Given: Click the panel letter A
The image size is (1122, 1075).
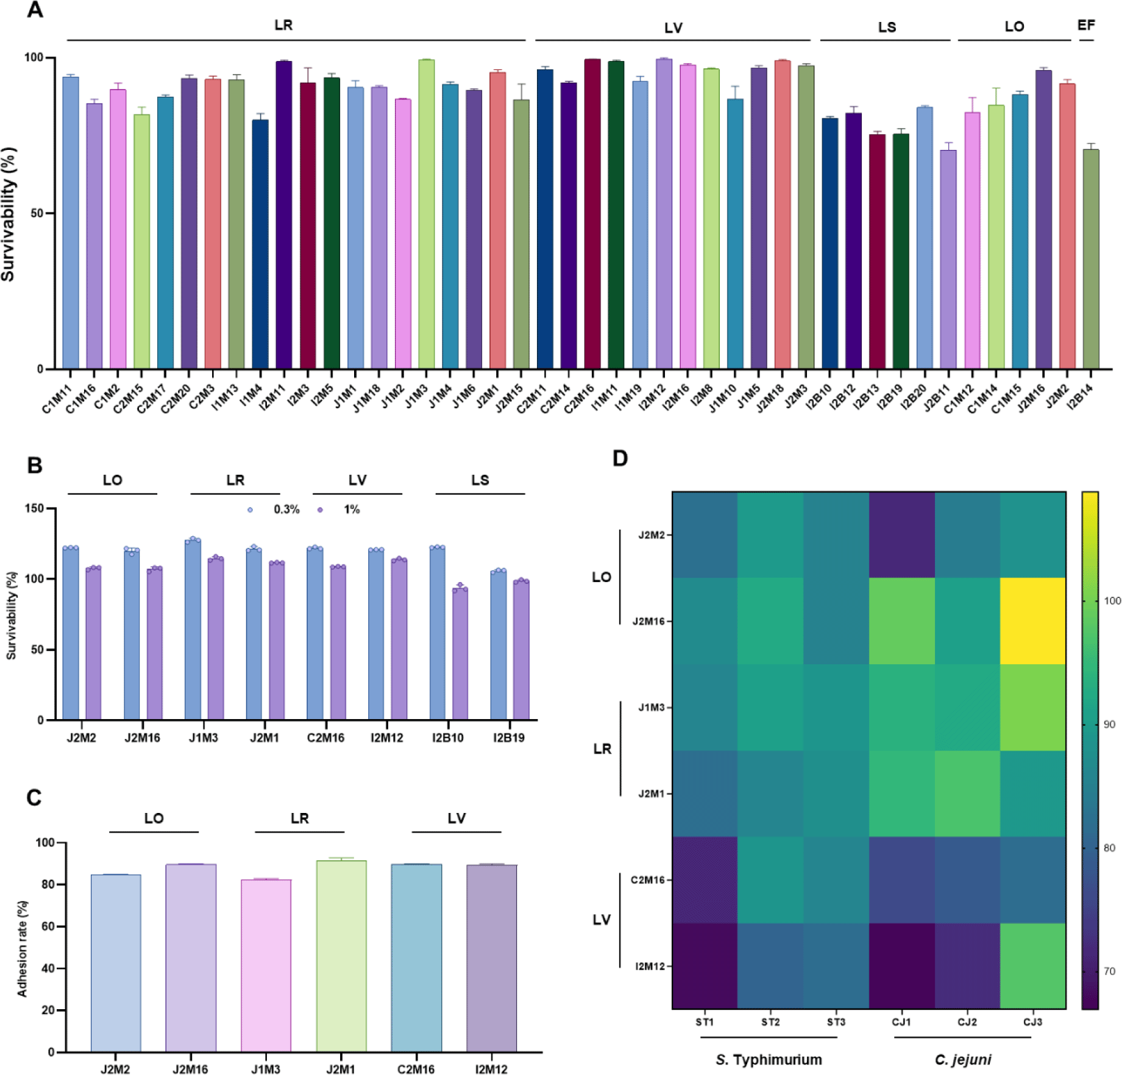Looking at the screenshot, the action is tap(35, 10).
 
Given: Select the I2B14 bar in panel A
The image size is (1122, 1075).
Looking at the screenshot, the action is tap(1091, 259).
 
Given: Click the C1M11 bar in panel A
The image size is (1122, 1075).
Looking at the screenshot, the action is tap(71, 222).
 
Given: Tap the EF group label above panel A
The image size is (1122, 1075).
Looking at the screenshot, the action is tap(1086, 25).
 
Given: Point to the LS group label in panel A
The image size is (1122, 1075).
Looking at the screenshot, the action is tap(887, 27).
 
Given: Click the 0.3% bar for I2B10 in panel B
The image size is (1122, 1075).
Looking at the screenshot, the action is tap(438, 633).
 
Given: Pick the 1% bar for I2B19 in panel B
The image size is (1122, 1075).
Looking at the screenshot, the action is tap(521, 650).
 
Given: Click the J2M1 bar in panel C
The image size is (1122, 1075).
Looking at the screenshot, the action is tap(341, 956).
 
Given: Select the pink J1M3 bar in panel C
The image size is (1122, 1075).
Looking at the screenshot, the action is tap(266, 965).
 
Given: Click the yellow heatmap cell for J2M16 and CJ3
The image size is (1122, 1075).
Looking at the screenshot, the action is tap(1033, 621).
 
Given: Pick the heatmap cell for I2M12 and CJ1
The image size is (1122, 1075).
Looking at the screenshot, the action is tap(902, 966).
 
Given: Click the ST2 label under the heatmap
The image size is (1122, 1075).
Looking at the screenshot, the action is tap(770, 1022).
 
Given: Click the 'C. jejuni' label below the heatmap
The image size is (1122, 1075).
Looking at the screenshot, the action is tap(963, 1060).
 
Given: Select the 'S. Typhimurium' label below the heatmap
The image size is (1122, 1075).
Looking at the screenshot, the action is tap(769, 1060).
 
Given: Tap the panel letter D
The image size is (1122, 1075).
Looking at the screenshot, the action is tap(620, 458).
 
